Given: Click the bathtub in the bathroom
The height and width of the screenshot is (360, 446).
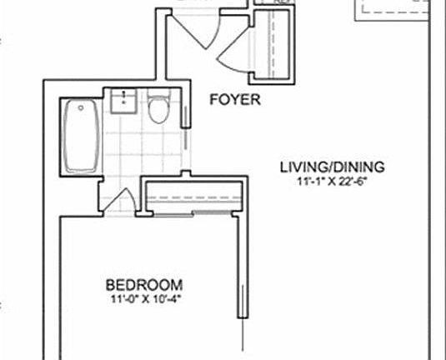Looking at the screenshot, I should point(82,137).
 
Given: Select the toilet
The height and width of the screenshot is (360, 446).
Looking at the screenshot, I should point(158,109).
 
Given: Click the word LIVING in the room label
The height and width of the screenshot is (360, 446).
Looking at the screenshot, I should point(298,167).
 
